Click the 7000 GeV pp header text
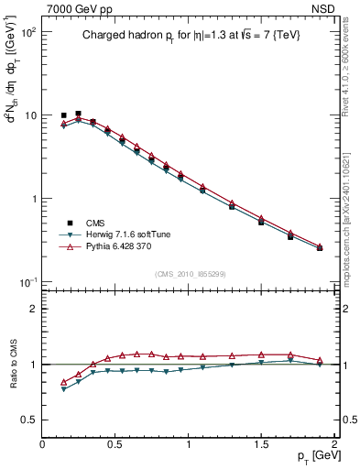[x=78, y=9]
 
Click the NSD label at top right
[x=322, y=9]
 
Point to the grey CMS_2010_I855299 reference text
[x=190, y=274]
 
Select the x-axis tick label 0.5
[x=115, y=443]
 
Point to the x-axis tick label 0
[x=42, y=443]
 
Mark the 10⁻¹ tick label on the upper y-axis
[x=27, y=281]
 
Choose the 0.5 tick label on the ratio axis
[x=29, y=420]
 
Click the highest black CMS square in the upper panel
[x=78, y=114]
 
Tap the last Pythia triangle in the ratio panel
[x=320, y=360]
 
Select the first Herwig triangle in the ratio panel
[x=63, y=389]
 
